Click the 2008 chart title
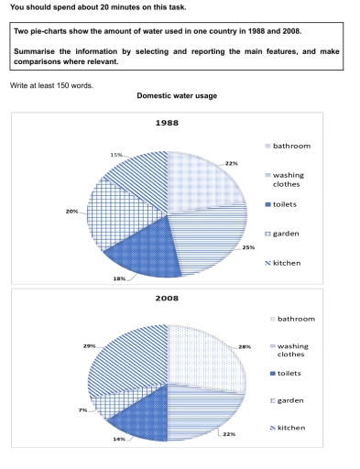tap(168, 299)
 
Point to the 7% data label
tap(82, 409)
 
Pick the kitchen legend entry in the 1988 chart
tap(292, 262)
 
